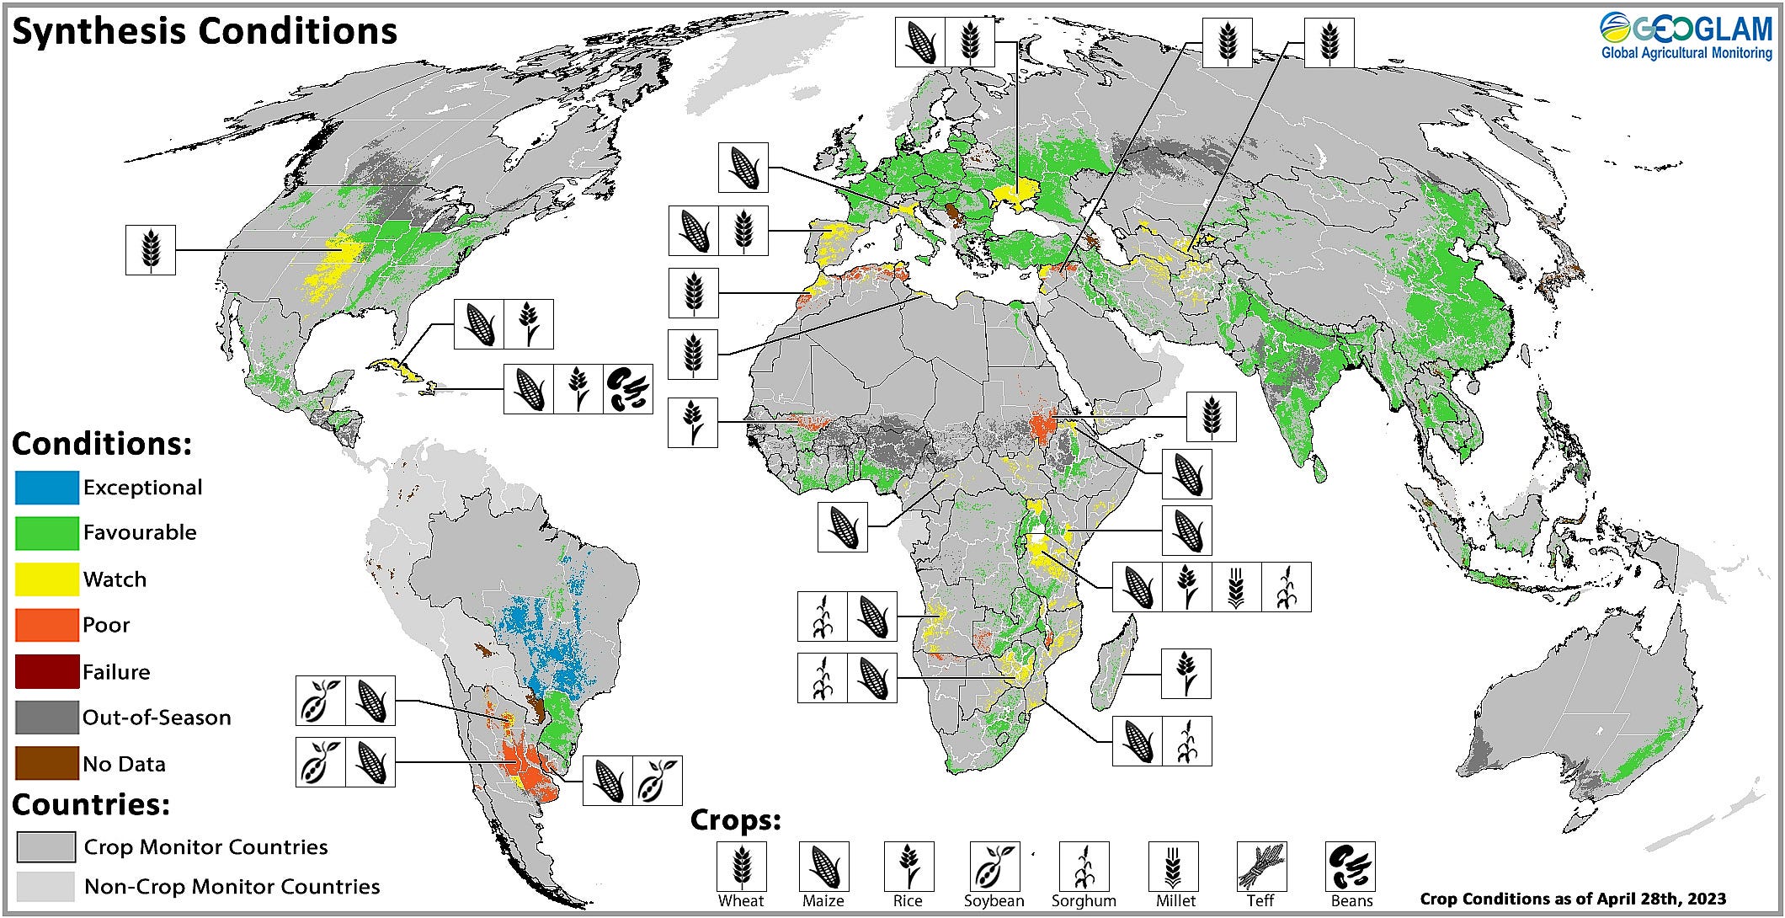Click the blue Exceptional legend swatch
click(x=47, y=488)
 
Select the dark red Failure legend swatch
click(x=47, y=672)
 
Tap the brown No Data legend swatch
click(x=47, y=764)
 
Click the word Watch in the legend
click(x=115, y=579)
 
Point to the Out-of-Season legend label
click(x=157, y=718)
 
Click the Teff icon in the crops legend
click(x=1261, y=867)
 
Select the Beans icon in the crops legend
click(x=1351, y=867)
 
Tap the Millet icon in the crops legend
click(x=1174, y=867)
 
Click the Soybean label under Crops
click(x=994, y=901)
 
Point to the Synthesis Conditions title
click(x=205, y=32)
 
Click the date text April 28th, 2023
click(x=1650, y=899)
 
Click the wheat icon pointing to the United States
click(x=151, y=250)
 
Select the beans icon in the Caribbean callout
click(x=628, y=389)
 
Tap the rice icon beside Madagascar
click(x=1186, y=674)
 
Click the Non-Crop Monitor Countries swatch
click(x=45, y=886)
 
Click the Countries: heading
click(x=91, y=805)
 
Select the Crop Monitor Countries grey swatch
click(x=45, y=847)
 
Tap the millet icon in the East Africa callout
click(x=1236, y=587)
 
